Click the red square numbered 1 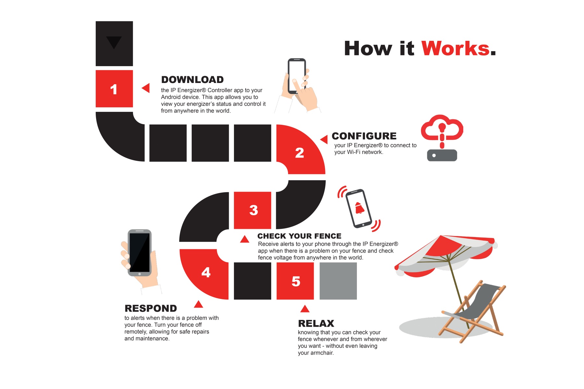click(114, 88)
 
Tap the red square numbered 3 click(252, 210)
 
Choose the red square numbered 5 click(295, 281)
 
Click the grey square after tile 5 click(338, 281)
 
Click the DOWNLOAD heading click(192, 80)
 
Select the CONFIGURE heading click(364, 136)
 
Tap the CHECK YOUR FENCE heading click(299, 236)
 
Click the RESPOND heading click(151, 308)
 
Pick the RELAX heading click(316, 324)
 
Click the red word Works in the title click(456, 49)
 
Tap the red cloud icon click(442, 128)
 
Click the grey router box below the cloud click(442, 155)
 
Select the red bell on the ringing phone click(359, 208)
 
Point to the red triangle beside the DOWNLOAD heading click(146, 88)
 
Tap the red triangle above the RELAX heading click(305, 309)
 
